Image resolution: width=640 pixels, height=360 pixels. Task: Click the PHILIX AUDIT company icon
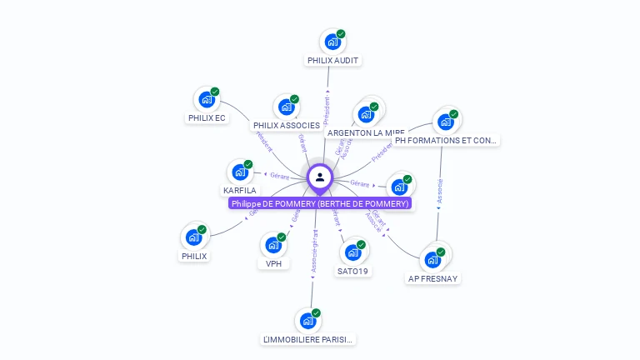click(332, 42)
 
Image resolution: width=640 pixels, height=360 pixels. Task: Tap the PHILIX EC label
click(207, 118)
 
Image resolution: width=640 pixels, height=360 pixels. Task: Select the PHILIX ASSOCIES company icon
click(287, 107)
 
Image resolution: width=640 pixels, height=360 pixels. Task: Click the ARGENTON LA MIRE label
click(366, 132)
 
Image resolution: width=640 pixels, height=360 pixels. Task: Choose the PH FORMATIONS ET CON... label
click(447, 141)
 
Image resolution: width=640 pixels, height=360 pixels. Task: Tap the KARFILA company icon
click(240, 172)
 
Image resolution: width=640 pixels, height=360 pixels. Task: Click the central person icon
click(320, 177)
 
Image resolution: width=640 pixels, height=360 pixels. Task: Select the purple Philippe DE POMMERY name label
click(320, 203)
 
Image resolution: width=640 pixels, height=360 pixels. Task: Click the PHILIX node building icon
click(194, 237)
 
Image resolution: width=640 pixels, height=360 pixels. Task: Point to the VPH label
click(273, 264)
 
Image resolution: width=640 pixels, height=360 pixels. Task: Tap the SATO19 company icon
click(353, 252)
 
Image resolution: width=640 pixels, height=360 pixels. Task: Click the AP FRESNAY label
click(433, 278)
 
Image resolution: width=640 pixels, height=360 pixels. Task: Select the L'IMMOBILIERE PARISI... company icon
click(308, 321)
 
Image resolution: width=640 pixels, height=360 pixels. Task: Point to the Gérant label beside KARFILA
click(278, 175)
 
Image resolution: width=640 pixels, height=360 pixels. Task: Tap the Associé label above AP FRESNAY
click(439, 192)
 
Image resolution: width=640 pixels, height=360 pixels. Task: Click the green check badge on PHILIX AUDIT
click(341, 34)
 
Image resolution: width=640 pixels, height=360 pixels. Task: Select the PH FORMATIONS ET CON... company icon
click(446, 122)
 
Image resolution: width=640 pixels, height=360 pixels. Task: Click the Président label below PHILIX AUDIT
click(327, 110)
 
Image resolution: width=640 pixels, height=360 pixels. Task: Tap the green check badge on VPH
click(282, 237)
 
